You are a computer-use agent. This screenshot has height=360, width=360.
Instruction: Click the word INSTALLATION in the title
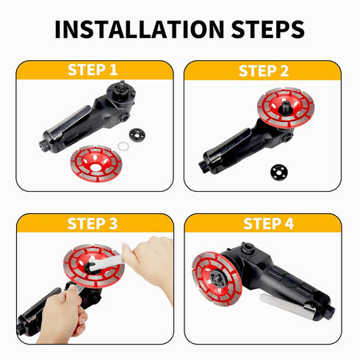(x=140, y=29)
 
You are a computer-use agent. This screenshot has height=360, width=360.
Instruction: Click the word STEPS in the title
(x=267, y=29)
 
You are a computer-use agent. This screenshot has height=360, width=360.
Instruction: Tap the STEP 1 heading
(x=93, y=70)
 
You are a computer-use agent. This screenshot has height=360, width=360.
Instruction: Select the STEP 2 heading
(x=264, y=71)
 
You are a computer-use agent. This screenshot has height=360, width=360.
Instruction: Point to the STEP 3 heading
(x=93, y=223)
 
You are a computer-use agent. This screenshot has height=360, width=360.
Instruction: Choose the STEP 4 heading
(x=268, y=223)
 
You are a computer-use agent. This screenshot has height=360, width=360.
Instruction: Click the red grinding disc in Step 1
(x=96, y=164)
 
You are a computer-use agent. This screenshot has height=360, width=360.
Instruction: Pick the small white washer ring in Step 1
(x=123, y=147)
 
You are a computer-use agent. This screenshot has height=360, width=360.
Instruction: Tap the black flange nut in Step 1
(x=137, y=135)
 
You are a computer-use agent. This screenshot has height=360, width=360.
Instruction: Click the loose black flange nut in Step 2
(x=279, y=172)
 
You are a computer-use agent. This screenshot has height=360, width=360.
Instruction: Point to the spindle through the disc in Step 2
(x=285, y=107)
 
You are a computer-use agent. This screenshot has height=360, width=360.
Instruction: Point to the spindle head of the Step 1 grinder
(x=121, y=89)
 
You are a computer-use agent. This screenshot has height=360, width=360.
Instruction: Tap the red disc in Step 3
(x=94, y=266)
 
